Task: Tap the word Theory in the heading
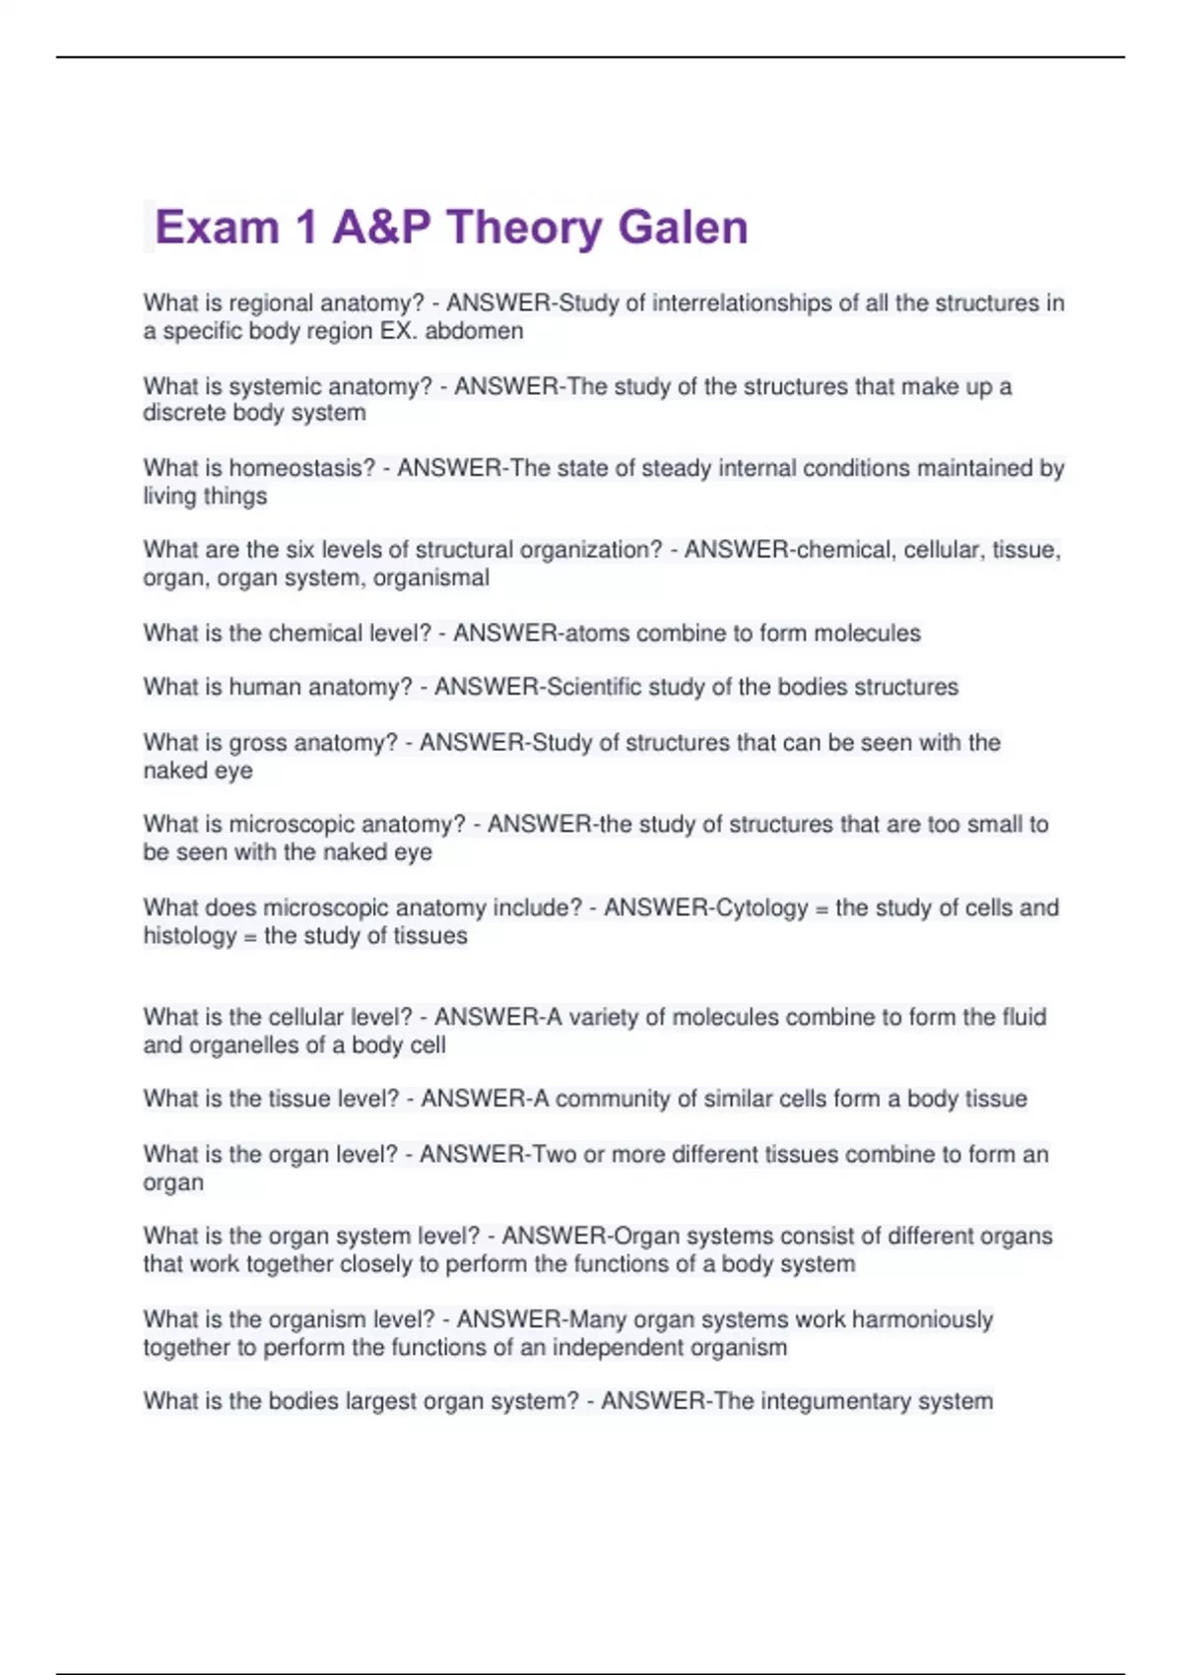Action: [524, 228]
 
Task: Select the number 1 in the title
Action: [305, 228]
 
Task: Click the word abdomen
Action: [474, 331]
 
